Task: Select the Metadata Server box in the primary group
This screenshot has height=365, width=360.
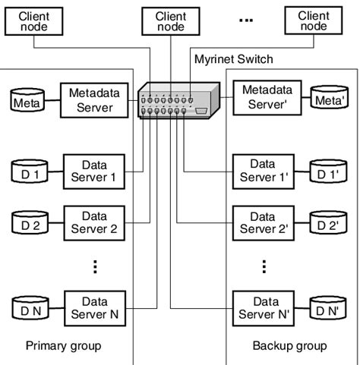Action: tap(90, 98)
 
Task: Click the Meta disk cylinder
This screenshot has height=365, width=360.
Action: tap(30, 98)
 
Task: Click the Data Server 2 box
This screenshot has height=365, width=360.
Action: tap(94, 221)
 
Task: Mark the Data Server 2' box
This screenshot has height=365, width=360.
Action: tap(263, 221)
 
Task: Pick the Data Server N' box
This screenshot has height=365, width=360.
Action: tap(263, 307)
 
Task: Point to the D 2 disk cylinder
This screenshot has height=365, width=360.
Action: tap(31, 223)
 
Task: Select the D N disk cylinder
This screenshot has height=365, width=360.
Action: tap(31, 309)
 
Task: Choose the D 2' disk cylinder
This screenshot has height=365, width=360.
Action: tap(327, 222)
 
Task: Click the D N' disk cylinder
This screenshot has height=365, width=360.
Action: tap(327, 309)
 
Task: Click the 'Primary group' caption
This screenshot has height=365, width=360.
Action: tap(63, 346)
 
